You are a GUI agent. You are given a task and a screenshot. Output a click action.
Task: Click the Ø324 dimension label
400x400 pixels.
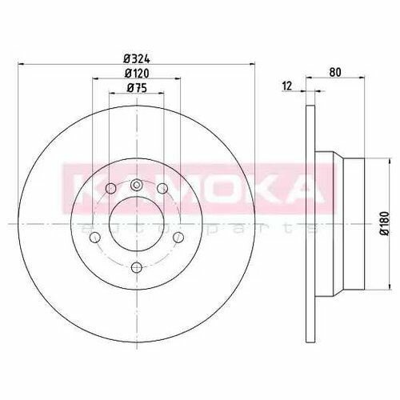(137, 58)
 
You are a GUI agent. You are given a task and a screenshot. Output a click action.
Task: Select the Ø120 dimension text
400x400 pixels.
(137, 74)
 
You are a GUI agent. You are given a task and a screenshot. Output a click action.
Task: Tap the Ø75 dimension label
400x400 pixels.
(137, 88)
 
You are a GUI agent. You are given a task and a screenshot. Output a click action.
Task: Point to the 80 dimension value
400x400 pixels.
(335, 72)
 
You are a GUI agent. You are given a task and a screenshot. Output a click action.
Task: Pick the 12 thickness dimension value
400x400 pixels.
(287, 86)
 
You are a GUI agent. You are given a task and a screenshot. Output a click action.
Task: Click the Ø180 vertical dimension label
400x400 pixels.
(385, 223)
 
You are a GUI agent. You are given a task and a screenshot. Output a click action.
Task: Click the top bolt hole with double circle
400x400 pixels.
(136, 185)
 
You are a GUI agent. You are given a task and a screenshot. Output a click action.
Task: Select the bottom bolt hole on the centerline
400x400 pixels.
(137, 267)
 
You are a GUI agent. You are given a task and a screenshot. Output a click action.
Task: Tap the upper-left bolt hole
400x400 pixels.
(111, 189)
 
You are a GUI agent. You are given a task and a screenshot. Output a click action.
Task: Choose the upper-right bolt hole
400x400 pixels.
(162, 189)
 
